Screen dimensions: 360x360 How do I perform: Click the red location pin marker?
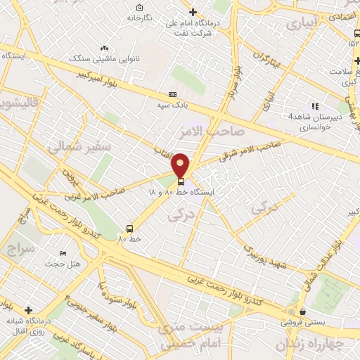[181, 166]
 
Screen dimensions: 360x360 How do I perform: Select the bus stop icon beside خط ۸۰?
[129, 228]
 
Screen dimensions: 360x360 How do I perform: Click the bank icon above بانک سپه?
[172, 94]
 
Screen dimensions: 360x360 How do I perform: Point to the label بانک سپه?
[173, 105]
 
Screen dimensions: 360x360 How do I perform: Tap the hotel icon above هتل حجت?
[63, 253]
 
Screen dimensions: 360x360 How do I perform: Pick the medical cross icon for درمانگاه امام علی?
[193, 12]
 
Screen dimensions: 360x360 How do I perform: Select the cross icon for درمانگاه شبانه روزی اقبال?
[28, 310]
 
